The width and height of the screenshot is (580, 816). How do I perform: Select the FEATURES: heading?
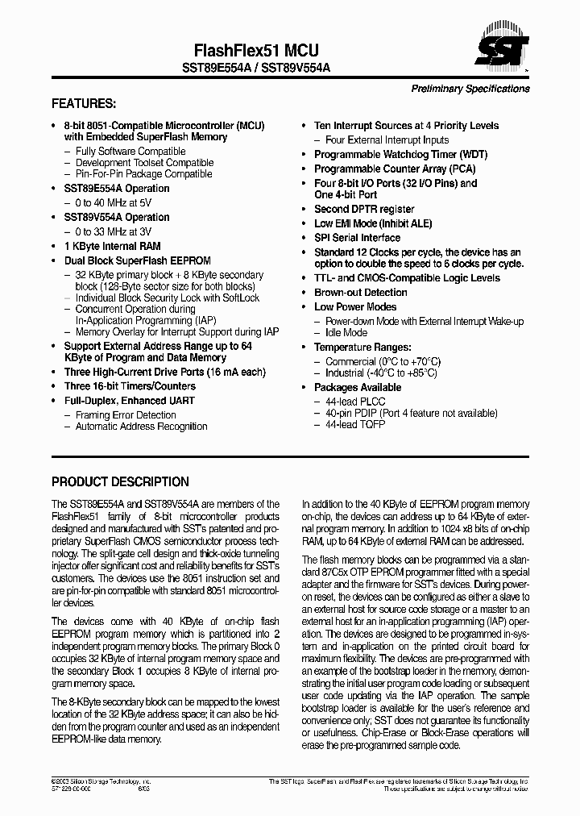pyautogui.click(x=84, y=104)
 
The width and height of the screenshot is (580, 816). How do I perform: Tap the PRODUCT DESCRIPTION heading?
pyautogui.click(x=120, y=482)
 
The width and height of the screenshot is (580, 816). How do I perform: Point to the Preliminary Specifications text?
pyautogui.click(x=470, y=89)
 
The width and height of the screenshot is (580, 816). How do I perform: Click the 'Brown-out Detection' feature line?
pyautogui.click(x=360, y=292)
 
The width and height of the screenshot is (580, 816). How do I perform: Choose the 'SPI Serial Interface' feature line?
pyautogui.click(x=357, y=238)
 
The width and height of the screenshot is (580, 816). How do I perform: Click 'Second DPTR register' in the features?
pyautogui.click(x=364, y=209)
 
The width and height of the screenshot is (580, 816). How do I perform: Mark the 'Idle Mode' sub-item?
pyautogui.click(x=346, y=332)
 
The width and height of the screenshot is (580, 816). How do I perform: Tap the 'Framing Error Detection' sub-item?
pyautogui.click(x=126, y=415)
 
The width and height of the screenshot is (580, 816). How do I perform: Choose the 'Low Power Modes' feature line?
pyautogui.click(x=355, y=306)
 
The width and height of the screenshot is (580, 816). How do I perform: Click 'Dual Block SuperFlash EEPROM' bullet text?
pyautogui.click(x=137, y=260)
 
